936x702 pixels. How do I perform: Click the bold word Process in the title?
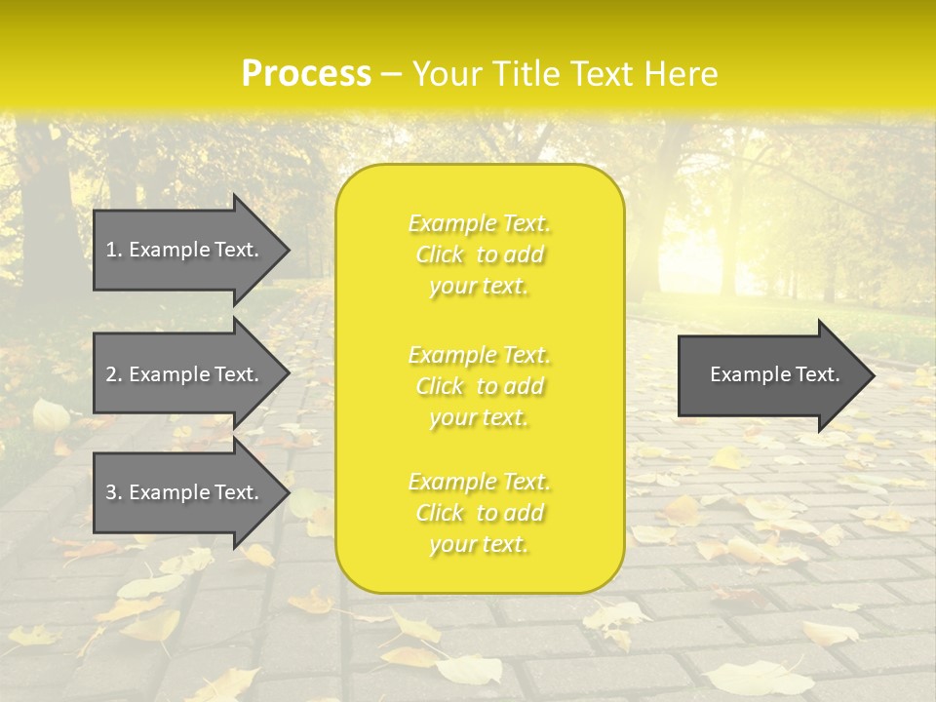[x=306, y=74]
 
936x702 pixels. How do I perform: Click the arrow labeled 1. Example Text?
[x=185, y=250]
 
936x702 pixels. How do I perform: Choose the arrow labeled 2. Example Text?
[x=185, y=374]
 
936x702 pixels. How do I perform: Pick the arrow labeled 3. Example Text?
[x=185, y=492]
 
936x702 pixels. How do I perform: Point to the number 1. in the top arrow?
[x=114, y=250]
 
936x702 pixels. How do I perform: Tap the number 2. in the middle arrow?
[x=114, y=374]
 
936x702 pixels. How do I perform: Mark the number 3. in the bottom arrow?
[x=114, y=492]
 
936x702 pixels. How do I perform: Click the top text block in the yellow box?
[x=479, y=254]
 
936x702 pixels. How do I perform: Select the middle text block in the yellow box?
[x=479, y=386]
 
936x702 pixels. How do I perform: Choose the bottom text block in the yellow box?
[x=479, y=513]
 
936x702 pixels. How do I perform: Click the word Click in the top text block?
[x=442, y=255]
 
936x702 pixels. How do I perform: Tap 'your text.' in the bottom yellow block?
[x=479, y=545]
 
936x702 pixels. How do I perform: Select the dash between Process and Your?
[x=392, y=74]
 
